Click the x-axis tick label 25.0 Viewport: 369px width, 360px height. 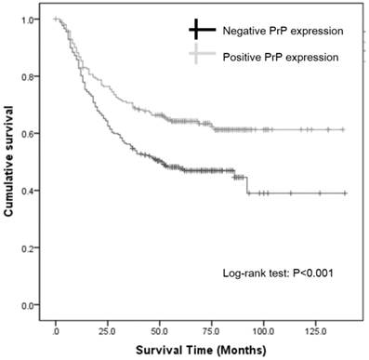coord(108,328)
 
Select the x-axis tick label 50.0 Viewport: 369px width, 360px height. coord(160,328)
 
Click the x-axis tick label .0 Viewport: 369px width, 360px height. coord(57,328)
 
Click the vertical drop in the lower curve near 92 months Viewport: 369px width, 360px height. coord(247,184)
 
